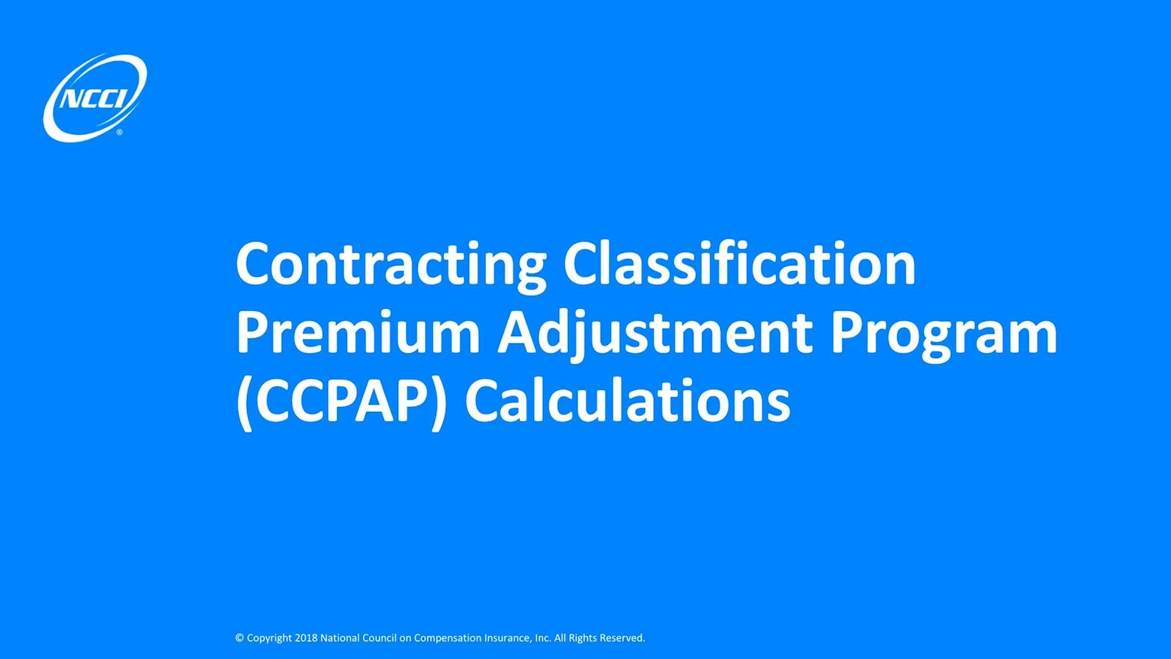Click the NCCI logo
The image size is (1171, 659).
click(95, 98)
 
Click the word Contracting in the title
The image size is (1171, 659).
click(391, 264)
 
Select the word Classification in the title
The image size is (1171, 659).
click(739, 264)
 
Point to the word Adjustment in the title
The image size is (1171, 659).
click(655, 334)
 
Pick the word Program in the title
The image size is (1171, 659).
click(944, 334)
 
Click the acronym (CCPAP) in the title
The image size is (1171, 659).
click(342, 402)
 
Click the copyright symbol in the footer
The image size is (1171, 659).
click(240, 638)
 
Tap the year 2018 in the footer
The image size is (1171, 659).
click(306, 638)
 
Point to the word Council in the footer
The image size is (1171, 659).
click(379, 638)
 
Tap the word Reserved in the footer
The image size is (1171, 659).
click(622, 638)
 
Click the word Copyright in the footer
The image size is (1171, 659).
click(270, 638)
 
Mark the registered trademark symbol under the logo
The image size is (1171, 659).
click(120, 132)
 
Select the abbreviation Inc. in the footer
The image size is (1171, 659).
click(543, 638)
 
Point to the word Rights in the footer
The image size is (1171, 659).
click(582, 638)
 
